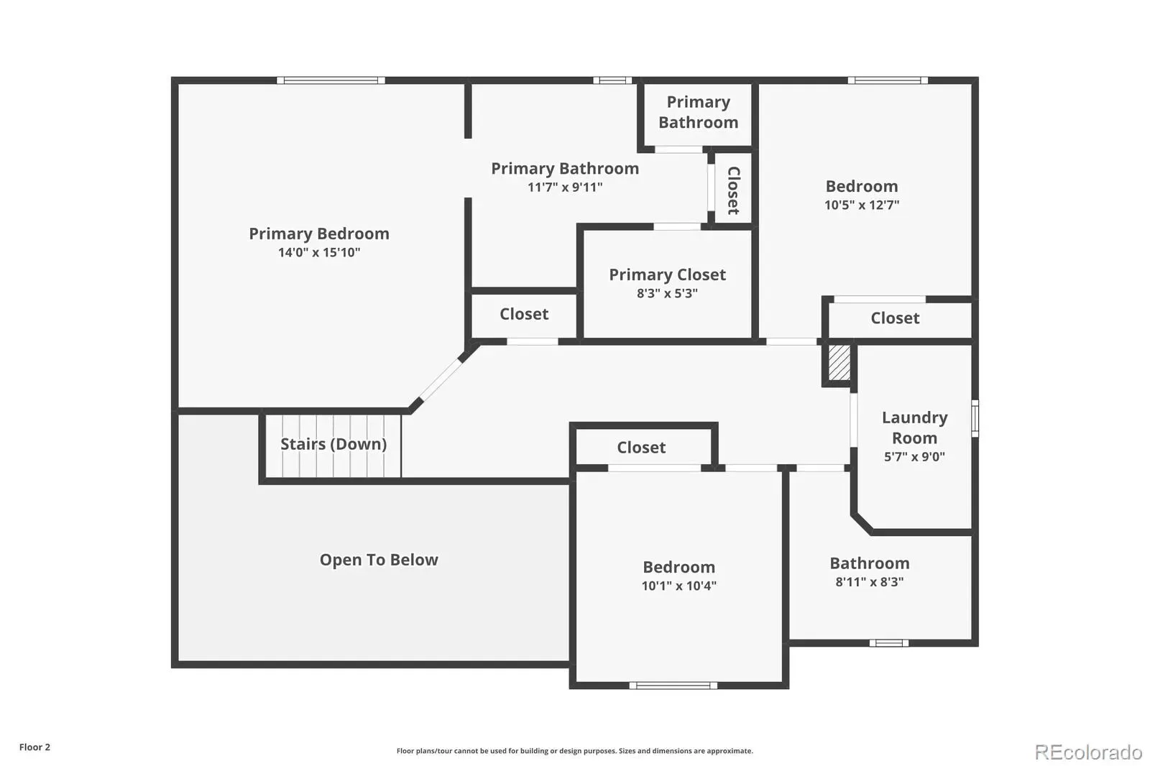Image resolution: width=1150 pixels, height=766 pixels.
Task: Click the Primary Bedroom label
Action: click(319, 234)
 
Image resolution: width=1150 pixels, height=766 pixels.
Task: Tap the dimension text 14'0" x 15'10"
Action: click(319, 253)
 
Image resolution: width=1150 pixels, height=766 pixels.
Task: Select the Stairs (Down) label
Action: click(333, 444)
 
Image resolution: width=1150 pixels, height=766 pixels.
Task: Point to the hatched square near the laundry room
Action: click(839, 362)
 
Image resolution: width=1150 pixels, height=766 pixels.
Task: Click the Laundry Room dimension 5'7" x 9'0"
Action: click(914, 457)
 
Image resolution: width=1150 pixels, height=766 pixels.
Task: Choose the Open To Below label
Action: click(379, 560)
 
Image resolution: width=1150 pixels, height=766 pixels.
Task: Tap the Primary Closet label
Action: click(668, 275)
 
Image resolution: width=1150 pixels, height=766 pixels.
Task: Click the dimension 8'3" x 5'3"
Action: click(668, 294)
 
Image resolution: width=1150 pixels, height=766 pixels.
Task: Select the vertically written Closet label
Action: click(734, 190)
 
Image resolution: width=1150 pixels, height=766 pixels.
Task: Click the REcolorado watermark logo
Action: click(1088, 752)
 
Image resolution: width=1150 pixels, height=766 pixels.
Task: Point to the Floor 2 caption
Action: click(35, 747)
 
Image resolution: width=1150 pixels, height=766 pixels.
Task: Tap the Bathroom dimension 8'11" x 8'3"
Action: click(870, 582)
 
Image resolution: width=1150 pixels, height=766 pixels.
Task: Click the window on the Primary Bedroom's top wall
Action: click(331, 80)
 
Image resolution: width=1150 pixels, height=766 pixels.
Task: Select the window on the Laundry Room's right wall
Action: click(975, 418)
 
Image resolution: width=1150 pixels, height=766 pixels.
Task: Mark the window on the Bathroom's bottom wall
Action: click(888, 643)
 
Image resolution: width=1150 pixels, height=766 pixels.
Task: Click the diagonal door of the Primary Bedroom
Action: click(441, 380)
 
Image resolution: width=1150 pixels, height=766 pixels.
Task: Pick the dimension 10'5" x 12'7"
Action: click(862, 206)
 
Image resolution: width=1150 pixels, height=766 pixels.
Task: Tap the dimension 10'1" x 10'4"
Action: click(678, 586)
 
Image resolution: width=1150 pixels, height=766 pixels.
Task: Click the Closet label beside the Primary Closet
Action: click(524, 314)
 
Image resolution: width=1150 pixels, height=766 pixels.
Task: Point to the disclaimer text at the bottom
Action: click(574, 751)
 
